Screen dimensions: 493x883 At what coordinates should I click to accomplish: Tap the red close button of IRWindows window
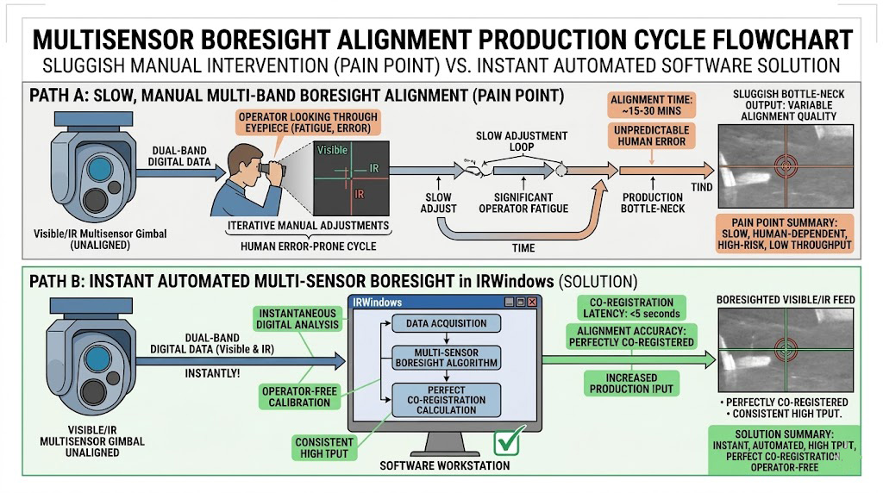point(532,303)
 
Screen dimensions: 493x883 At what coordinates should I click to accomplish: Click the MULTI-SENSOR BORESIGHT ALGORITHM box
point(445,358)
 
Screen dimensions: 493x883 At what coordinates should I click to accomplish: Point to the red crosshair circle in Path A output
point(786,165)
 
